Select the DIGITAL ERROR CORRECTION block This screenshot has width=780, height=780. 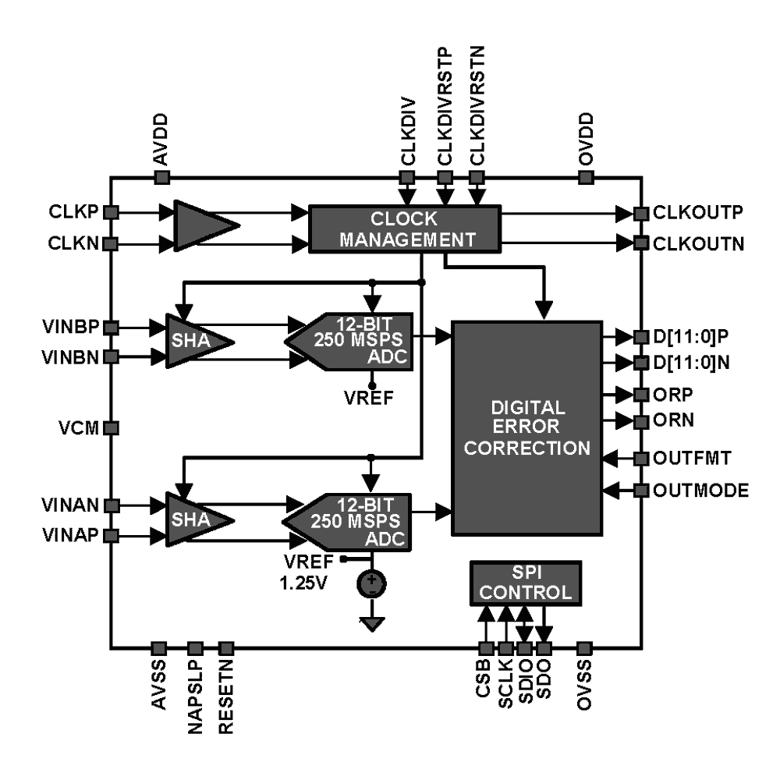click(528, 427)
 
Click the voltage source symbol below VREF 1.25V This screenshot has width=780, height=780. click(371, 583)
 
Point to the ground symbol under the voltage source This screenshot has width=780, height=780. click(371, 622)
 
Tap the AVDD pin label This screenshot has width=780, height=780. click(161, 138)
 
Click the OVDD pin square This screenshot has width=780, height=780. click(586, 178)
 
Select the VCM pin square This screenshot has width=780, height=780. click(111, 428)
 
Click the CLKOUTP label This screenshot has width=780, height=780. click(697, 212)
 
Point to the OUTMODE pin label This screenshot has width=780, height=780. click(701, 491)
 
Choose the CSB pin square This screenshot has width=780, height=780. click(485, 647)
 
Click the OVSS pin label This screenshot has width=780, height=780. click(586, 686)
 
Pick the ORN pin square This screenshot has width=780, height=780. click(641, 422)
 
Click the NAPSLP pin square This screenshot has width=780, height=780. click(196, 647)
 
